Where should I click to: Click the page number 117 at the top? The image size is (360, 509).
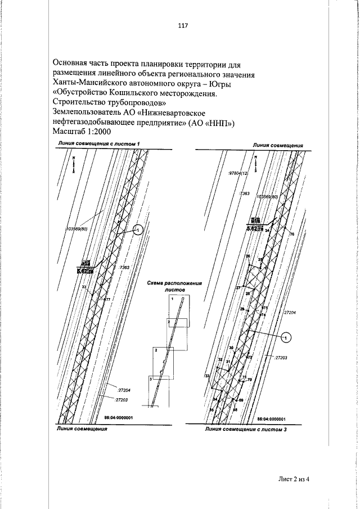pos(181,26)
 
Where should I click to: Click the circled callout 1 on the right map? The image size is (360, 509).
pos(285,337)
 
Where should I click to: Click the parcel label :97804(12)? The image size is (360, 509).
pos(238,174)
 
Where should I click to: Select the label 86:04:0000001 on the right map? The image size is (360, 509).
pos(271,419)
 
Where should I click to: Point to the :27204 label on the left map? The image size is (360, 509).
pos(124,389)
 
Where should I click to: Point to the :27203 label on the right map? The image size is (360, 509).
pos(280,357)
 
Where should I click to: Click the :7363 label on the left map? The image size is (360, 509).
pos(125,267)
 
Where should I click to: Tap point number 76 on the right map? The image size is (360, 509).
pos(292,233)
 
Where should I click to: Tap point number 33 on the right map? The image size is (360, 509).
pos(207,375)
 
